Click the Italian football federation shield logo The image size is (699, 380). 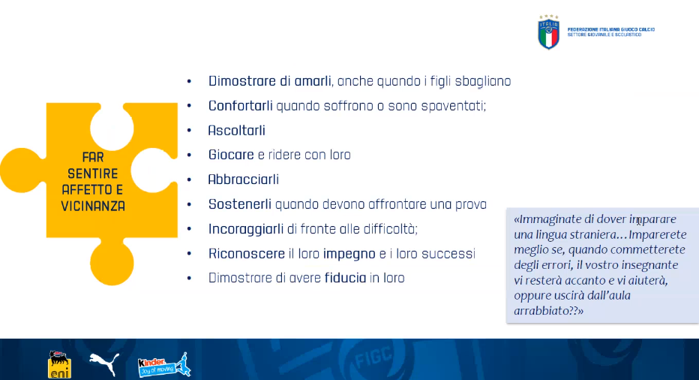(x=549, y=32)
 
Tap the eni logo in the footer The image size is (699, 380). (x=59, y=365)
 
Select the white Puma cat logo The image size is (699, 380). (x=104, y=363)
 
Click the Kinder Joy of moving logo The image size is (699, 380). (x=164, y=365)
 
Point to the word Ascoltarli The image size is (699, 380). (x=237, y=131)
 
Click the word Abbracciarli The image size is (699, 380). (x=244, y=179)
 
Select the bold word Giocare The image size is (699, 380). (x=231, y=155)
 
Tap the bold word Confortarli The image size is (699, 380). (x=240, y=106)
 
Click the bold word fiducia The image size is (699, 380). (x=346, y=278)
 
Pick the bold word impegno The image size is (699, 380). (x=349, y=254)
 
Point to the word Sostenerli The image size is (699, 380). (x=240, y=204)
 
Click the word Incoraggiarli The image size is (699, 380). (x=246, y=229)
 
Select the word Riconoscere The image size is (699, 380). (x=247, y=254)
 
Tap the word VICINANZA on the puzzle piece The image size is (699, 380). (x=93, y=207)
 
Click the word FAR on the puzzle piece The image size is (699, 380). (x=93, y=157)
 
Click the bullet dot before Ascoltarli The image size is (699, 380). (x=190, y=131)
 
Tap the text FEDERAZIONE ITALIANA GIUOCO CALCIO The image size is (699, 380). (x=611, y=29)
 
